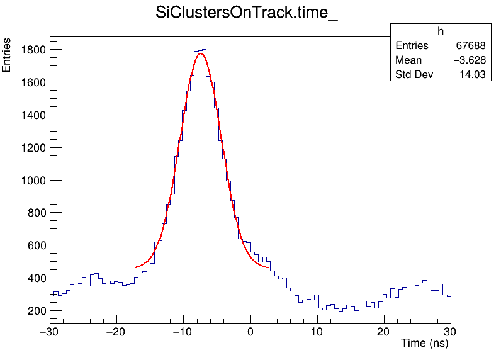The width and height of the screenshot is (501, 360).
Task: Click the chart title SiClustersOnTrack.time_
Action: click(x=247, y=14)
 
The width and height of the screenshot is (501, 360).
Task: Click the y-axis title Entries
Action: click(x=7, y=55)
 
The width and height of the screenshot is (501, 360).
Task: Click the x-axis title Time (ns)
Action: click(x=425, y=344)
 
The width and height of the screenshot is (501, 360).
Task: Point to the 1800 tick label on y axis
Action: click(x=31, y=50)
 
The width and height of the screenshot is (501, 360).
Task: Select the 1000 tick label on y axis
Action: click(x=31, y=181)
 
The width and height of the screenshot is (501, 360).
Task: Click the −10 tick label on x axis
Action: click(x=182, y=332)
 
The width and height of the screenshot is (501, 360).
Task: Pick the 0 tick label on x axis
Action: click(x=250, y=332)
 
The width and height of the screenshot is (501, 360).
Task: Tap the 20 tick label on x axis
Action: click(x=383, y=332)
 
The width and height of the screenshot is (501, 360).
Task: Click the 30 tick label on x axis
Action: click(x=450, y=332)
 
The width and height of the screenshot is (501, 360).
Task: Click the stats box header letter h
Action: click(x=441, y=31)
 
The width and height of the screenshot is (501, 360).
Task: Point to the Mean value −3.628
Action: click(x=468, y=60)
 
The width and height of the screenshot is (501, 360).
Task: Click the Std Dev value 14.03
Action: click(x=473, y=75)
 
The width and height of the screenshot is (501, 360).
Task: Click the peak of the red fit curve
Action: click(x=201, y=53)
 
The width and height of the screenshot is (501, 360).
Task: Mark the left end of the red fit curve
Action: click(x=135, y=267)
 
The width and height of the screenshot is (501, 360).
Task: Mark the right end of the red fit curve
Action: click(x=268, y=267)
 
